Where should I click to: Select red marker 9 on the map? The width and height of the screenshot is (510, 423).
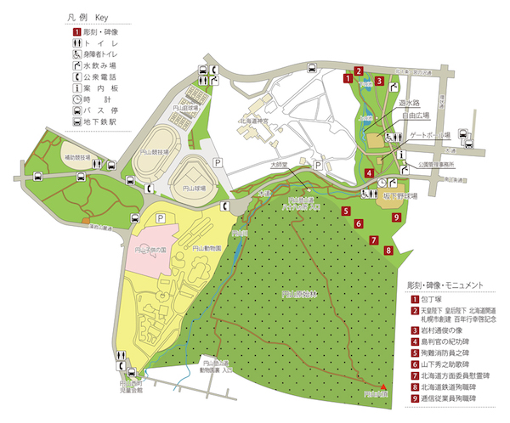pyautogui.click(x=396, y=217)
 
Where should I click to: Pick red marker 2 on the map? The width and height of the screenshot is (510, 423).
pyautogui.click(x=360, y=71)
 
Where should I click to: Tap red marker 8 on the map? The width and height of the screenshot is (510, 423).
pyautogui.click(x=388, y=250)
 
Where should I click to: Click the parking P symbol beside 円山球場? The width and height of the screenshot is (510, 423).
pyautogui.click(x=217, y=160)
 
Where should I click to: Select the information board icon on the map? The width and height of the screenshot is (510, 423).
pyautogui.click(x=400, y=154)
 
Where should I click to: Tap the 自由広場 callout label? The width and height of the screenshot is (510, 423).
pyautogui.click(x=415, y=113)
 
